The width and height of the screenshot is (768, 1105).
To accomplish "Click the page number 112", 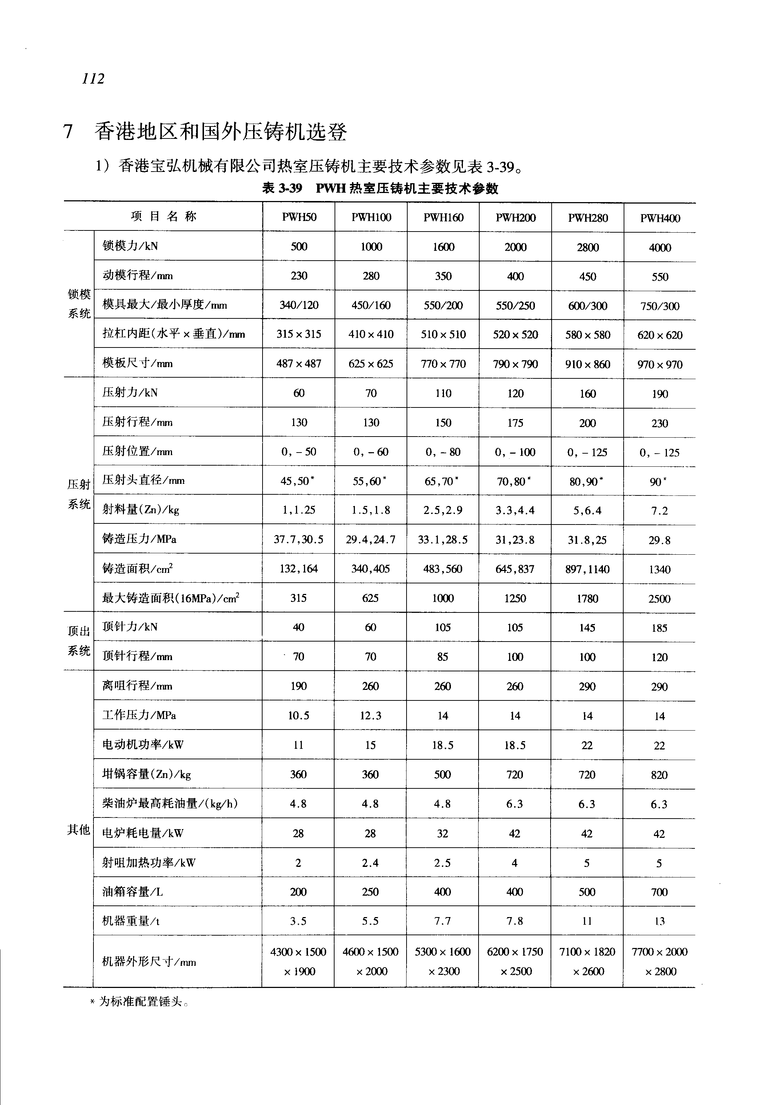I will click(93, 79).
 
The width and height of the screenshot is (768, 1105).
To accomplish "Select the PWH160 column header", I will click(443, 217).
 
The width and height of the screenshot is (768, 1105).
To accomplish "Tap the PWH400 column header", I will click(660, 218).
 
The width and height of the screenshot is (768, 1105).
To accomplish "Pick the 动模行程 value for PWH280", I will click(588, 277).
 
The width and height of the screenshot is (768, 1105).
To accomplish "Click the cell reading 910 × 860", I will click(588, 364).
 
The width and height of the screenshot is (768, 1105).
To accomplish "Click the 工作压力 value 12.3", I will click(371, 716).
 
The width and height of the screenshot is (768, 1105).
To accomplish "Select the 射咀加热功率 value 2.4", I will click(371, 863).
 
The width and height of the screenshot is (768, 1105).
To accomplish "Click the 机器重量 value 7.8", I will click(515, 921).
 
